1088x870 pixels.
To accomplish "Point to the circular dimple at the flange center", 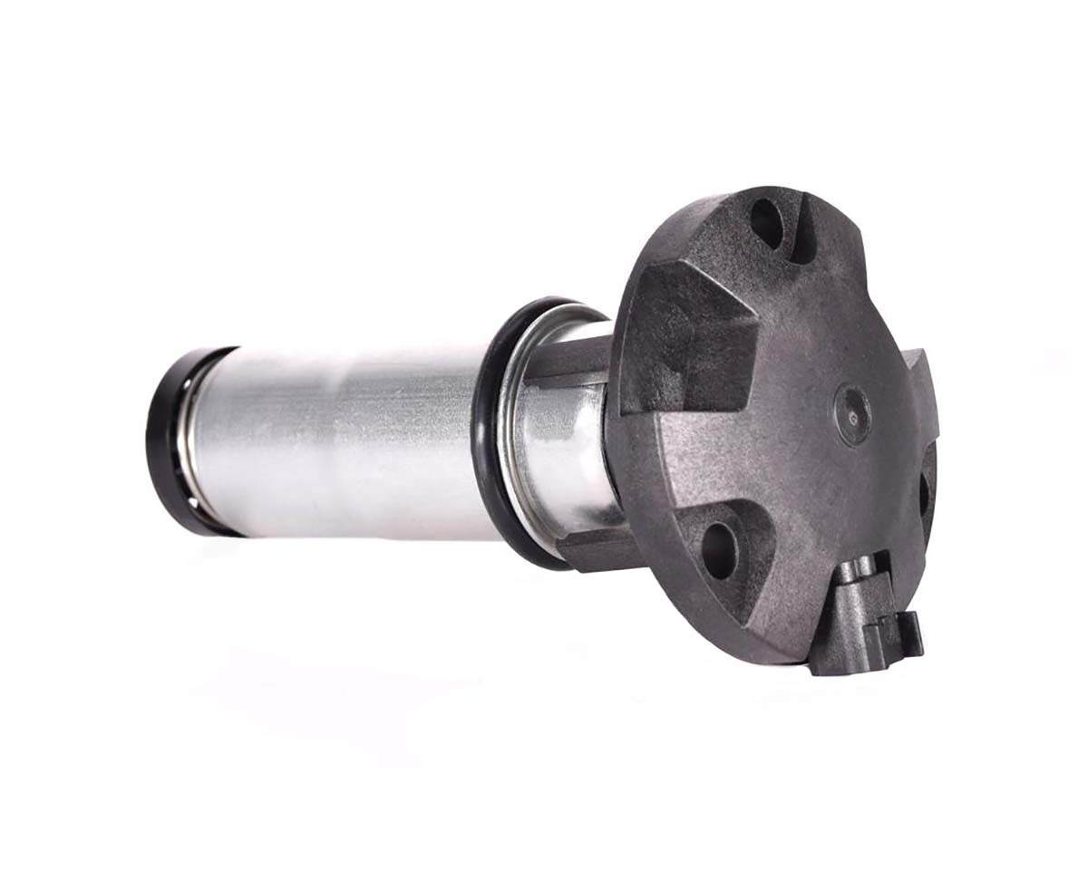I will click(x=853, y=414).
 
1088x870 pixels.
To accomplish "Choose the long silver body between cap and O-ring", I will click(x=345, y=440).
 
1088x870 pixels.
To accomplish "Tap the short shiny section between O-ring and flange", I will click(x=562, y=444).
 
